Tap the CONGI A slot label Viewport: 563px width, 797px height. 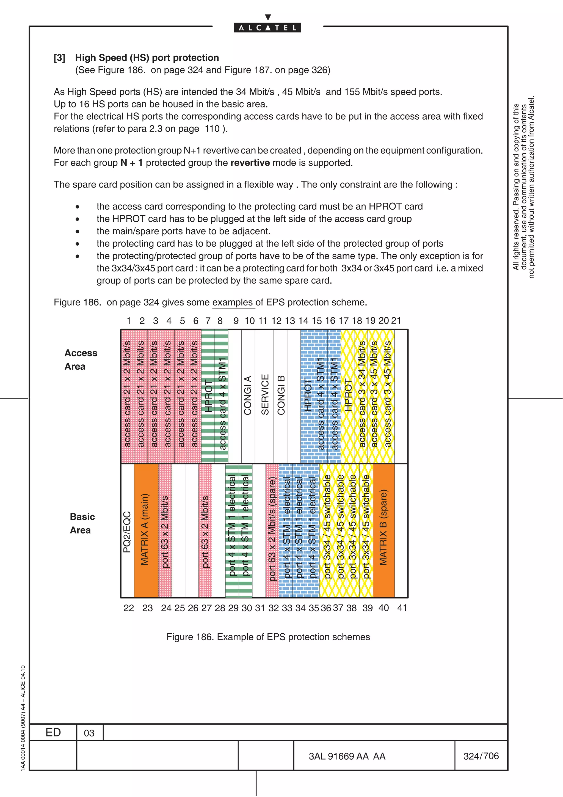pyautogui.click(x=248, y=395)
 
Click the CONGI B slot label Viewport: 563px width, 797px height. pyautogui.click(x=281, y=395)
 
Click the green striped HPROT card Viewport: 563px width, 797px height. pyautogui.click(x=208, y=396)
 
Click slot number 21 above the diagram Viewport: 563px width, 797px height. pyautogui.click(x=396, y=320)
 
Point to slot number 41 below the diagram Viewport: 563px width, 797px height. pyautogui.click(x=402, y=608)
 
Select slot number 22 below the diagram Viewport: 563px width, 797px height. pyautogui.click(x=128, y=608)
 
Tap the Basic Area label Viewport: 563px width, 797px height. pyautogui.click(x=82, y=523)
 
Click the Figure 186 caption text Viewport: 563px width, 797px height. pyautogui.click(x=268, y=637)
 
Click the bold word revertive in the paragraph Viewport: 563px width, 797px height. pyautogui.click(x=250, y=163)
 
